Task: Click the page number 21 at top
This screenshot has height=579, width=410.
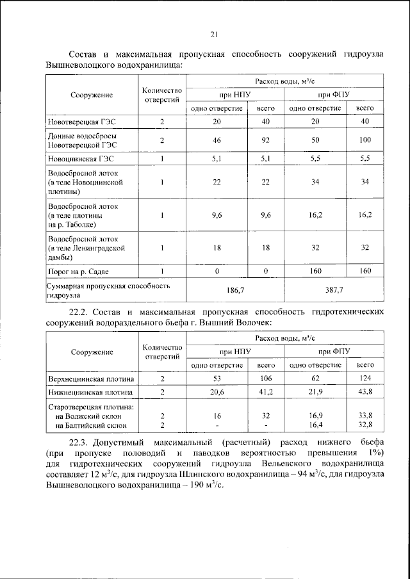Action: pos(215,35)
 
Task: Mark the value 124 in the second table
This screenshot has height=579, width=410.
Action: pos(365,379)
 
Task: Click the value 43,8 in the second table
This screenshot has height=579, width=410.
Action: pos(365,391)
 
